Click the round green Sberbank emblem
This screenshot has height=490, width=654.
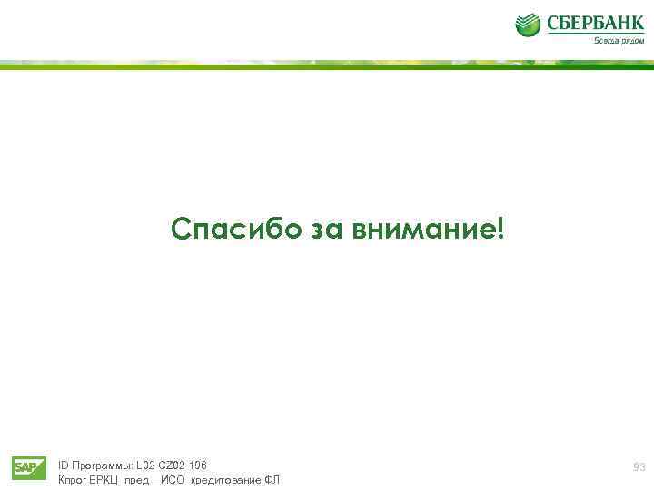point(528,24)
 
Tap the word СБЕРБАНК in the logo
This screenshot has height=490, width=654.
point(595,23)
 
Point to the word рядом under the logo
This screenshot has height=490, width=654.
point(631,41)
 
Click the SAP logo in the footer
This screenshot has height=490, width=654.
point(29,467)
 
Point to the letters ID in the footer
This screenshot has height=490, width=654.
point(63,465)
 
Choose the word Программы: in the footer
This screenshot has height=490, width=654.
point(101,465)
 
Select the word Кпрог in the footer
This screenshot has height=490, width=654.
point(73,479)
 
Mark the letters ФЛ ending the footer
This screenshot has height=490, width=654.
point(272,479)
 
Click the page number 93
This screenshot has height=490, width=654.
point(639,467)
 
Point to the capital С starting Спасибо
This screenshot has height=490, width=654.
point(181,230)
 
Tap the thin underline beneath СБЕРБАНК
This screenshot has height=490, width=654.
point(595,34)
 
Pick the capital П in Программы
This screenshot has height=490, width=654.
point(75,465)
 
